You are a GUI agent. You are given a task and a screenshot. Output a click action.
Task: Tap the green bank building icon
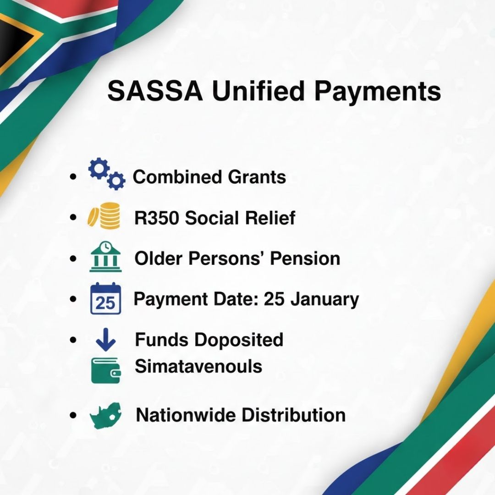tap(105, 258)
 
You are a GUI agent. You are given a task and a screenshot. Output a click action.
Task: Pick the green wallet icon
tap(106, 370)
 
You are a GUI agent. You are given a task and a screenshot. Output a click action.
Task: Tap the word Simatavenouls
tap(198, 367)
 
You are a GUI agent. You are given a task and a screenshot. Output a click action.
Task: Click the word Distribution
tap(293, 415)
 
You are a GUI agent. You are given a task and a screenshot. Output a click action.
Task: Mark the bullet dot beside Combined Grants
tap(73, 177)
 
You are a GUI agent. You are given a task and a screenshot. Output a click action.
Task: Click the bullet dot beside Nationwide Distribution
tap(73, 416)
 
